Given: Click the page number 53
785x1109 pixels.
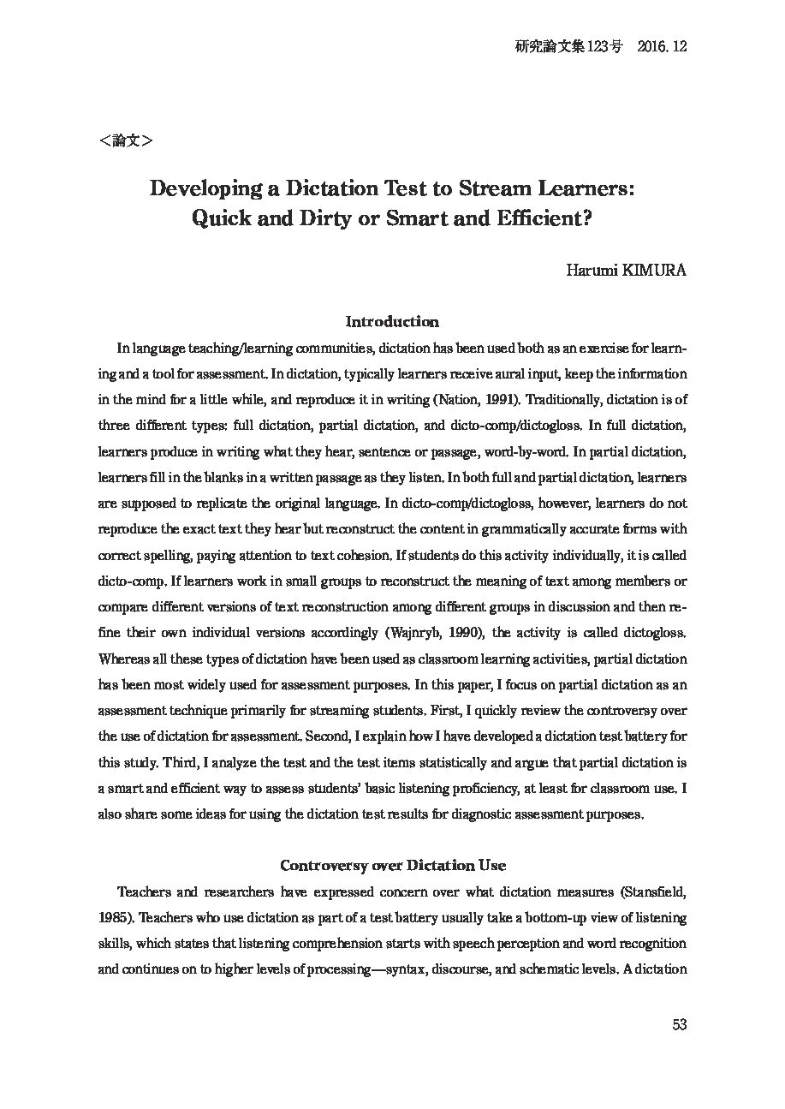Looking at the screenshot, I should click(x=680, y=1024).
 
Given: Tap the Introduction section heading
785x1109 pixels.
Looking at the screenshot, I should click(x=392, y=322).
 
